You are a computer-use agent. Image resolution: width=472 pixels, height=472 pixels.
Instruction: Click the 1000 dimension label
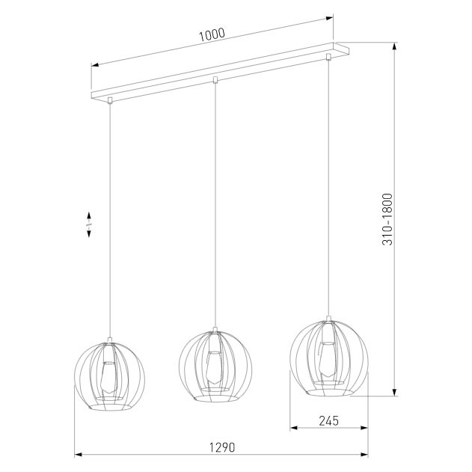point(212,34)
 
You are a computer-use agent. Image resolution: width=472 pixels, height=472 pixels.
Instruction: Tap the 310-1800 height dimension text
point(387,219)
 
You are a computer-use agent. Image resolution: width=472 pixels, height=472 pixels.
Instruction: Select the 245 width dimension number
point(328,421)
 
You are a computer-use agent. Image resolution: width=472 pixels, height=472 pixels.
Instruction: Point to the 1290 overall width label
point(222,447)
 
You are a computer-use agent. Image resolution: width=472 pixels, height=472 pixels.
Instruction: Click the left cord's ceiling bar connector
point(110,100)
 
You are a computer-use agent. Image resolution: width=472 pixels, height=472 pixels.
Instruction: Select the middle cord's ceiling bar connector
point(215,80)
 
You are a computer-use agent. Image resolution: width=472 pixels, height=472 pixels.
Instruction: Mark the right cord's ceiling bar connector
point(328,57)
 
